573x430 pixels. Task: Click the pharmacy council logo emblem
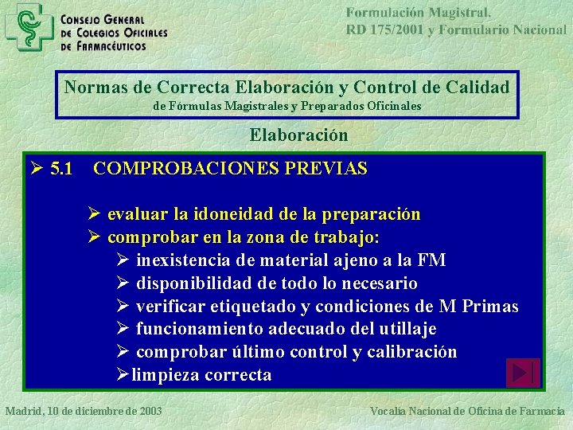click(29, 25)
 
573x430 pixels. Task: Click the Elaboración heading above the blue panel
click(298, 135)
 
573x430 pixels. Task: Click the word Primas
click(489, 307)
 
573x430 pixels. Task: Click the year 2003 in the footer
click(149, 411)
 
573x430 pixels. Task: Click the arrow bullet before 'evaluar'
click(93, 214)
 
